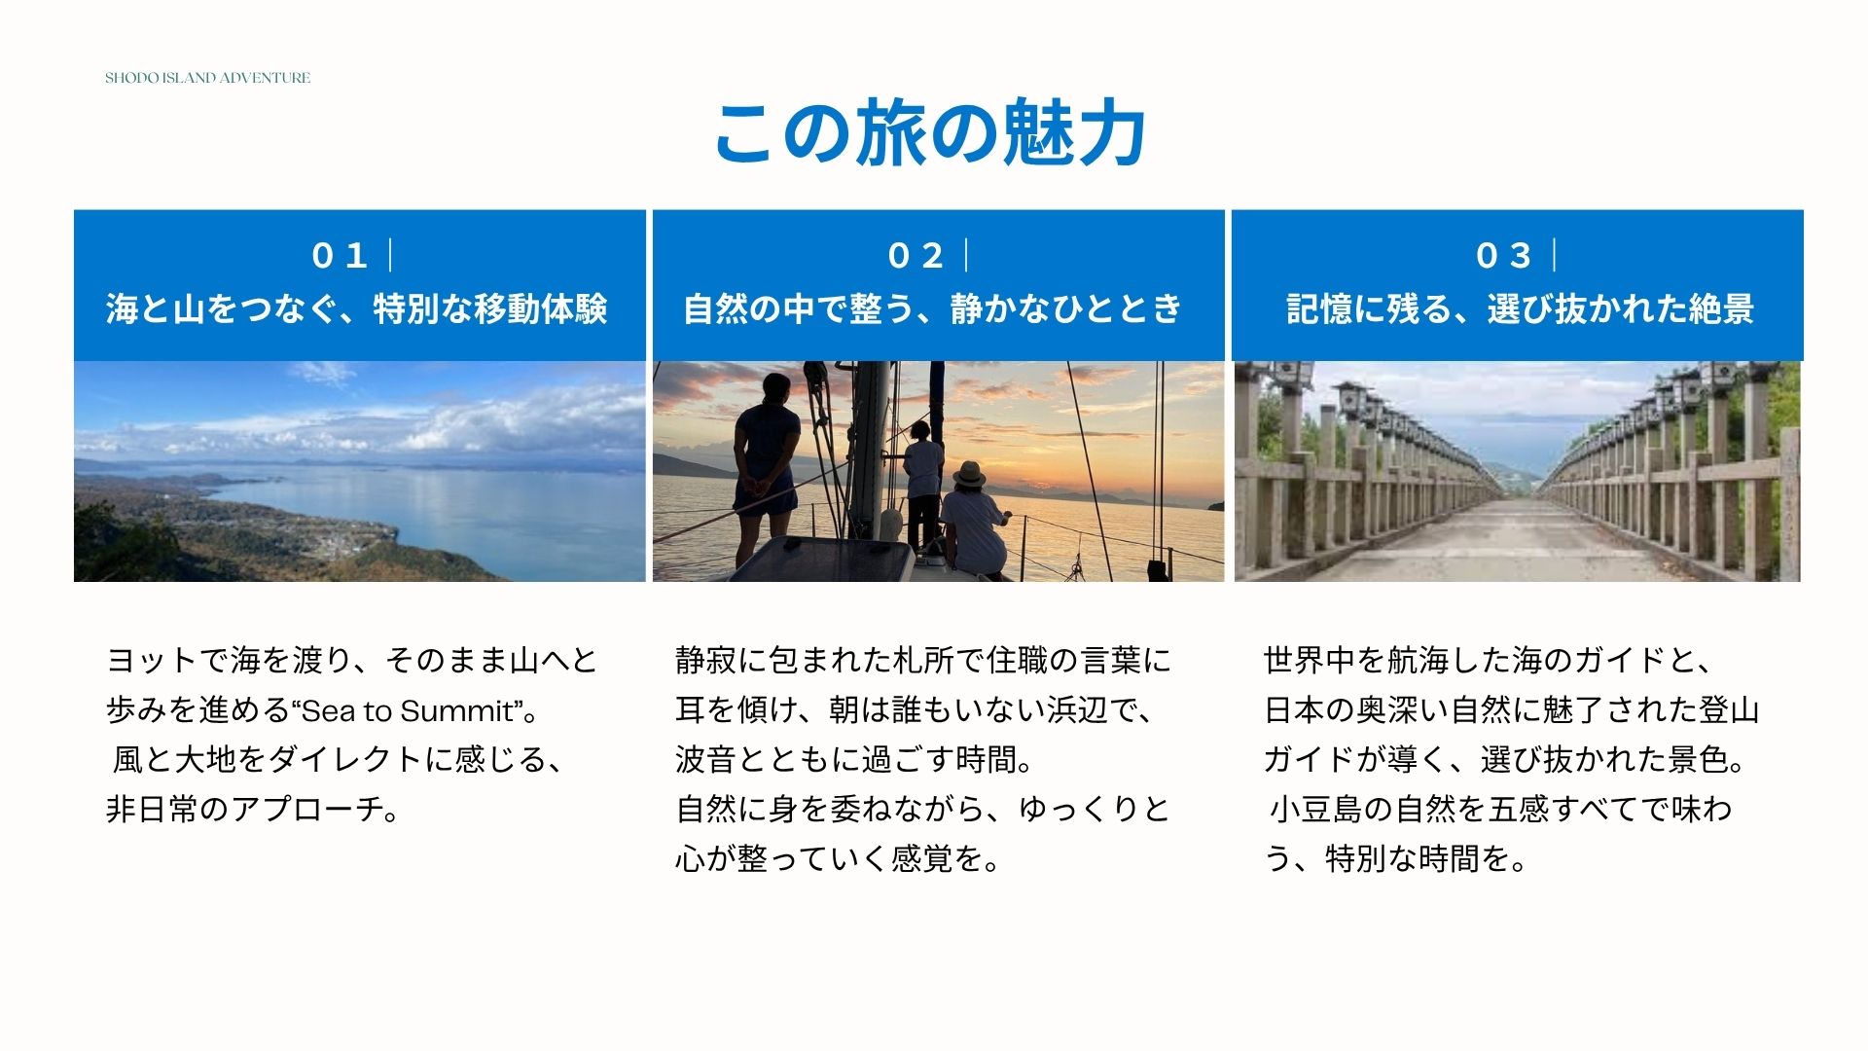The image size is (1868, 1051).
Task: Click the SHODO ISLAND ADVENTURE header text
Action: [x=207, y=78]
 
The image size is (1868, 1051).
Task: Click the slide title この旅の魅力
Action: [x=930, y=133]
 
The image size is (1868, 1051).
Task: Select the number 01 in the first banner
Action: [x=340, y=255]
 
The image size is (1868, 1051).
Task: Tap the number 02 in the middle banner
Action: [x=916, y=255]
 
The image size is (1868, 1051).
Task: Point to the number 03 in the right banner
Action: [x=1503, y=255]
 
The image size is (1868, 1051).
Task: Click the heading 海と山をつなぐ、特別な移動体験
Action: [x=357, y=308]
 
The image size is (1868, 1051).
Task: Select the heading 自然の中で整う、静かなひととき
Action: [x=933, y=308]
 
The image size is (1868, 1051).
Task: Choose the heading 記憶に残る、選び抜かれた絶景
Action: [x=1520, y=308]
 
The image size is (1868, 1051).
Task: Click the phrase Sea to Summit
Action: [x=409, y=711]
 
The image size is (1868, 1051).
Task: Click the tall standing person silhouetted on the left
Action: [x=767, y=457]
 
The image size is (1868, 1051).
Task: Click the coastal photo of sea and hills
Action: [x=359, y=472]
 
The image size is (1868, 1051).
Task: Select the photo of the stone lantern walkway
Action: [x=1518, y=472]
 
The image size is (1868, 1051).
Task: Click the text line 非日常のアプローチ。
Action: [x=253, y=810]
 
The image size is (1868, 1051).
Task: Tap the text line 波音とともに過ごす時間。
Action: [x=854, y=760]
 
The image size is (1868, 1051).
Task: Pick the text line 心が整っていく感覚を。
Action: [x=838, y=859]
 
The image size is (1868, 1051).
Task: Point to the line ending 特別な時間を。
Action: [x=1395, y=859]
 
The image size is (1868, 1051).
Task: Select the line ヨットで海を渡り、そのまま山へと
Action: [x=351, y=661]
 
